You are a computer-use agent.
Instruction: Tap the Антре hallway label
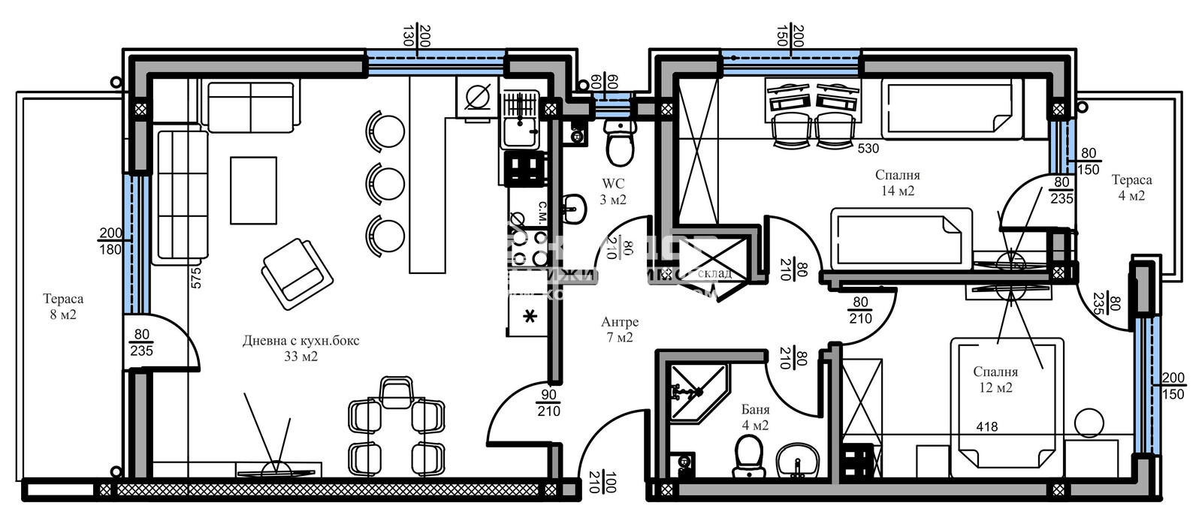coord(620,330)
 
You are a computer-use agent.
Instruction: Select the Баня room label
coord(755,417)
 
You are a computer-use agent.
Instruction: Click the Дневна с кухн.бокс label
coord(300,348)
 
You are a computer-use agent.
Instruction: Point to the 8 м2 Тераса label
coord(63,306)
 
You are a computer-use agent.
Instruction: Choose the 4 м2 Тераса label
coord(1131,188)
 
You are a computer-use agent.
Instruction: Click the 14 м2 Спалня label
coord(897,182)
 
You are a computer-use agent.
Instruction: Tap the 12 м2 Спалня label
coord(995,379)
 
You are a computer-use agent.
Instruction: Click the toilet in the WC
coord(620,143)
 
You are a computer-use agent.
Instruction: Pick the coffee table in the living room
coord(253,190)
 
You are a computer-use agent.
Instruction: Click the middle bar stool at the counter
coord(386,183)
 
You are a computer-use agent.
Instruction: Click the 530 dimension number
coord(868,149)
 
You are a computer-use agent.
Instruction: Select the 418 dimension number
coord(987,427)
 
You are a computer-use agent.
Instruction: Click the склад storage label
coord(714,273)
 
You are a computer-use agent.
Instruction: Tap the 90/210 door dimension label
coord(548,403)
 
